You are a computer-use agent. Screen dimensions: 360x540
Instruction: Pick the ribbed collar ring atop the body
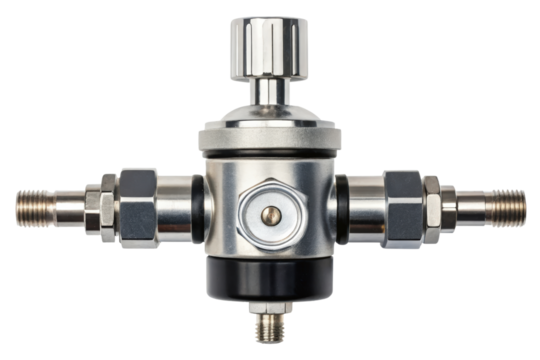[x=269, y=137]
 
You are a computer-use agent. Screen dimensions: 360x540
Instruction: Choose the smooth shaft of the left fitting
[x=75, y=204]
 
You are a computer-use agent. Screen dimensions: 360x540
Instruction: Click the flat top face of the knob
[x=269, y=21]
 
